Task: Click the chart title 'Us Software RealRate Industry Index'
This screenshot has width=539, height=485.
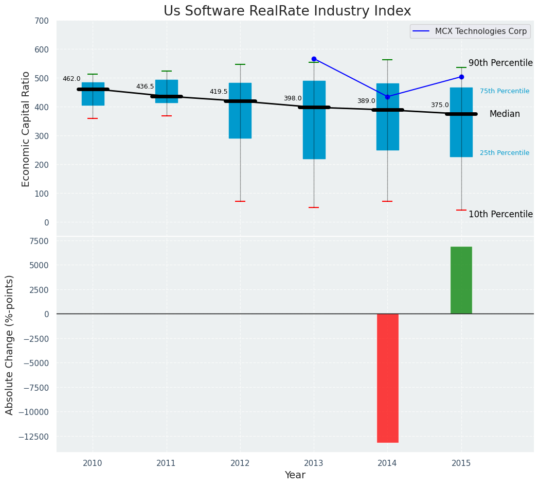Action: (287, 11)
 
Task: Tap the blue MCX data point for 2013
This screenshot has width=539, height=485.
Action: (314, 59)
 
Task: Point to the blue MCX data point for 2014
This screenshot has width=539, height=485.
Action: (387, 97)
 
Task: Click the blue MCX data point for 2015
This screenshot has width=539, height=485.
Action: (461, 77)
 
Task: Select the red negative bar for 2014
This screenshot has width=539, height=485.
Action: (387, 378)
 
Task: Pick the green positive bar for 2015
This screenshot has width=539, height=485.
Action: (461, 280)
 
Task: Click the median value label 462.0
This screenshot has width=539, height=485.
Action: (71, 79)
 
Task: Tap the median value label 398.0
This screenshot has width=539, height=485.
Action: (293, 98)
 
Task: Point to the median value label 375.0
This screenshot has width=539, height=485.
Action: (440, 105)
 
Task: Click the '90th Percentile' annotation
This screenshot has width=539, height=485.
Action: (500, 63)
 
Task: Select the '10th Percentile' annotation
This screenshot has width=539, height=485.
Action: (500, 214)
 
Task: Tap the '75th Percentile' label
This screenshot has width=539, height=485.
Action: (505, 91)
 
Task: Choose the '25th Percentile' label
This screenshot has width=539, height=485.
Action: (505, 153)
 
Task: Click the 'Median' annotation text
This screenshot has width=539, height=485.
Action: (505, 114)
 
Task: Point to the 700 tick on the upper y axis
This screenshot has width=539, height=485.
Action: (42, 21)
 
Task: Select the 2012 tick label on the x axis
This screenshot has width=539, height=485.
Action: (240, 463)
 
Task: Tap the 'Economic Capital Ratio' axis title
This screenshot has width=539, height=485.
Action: (26, 129)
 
